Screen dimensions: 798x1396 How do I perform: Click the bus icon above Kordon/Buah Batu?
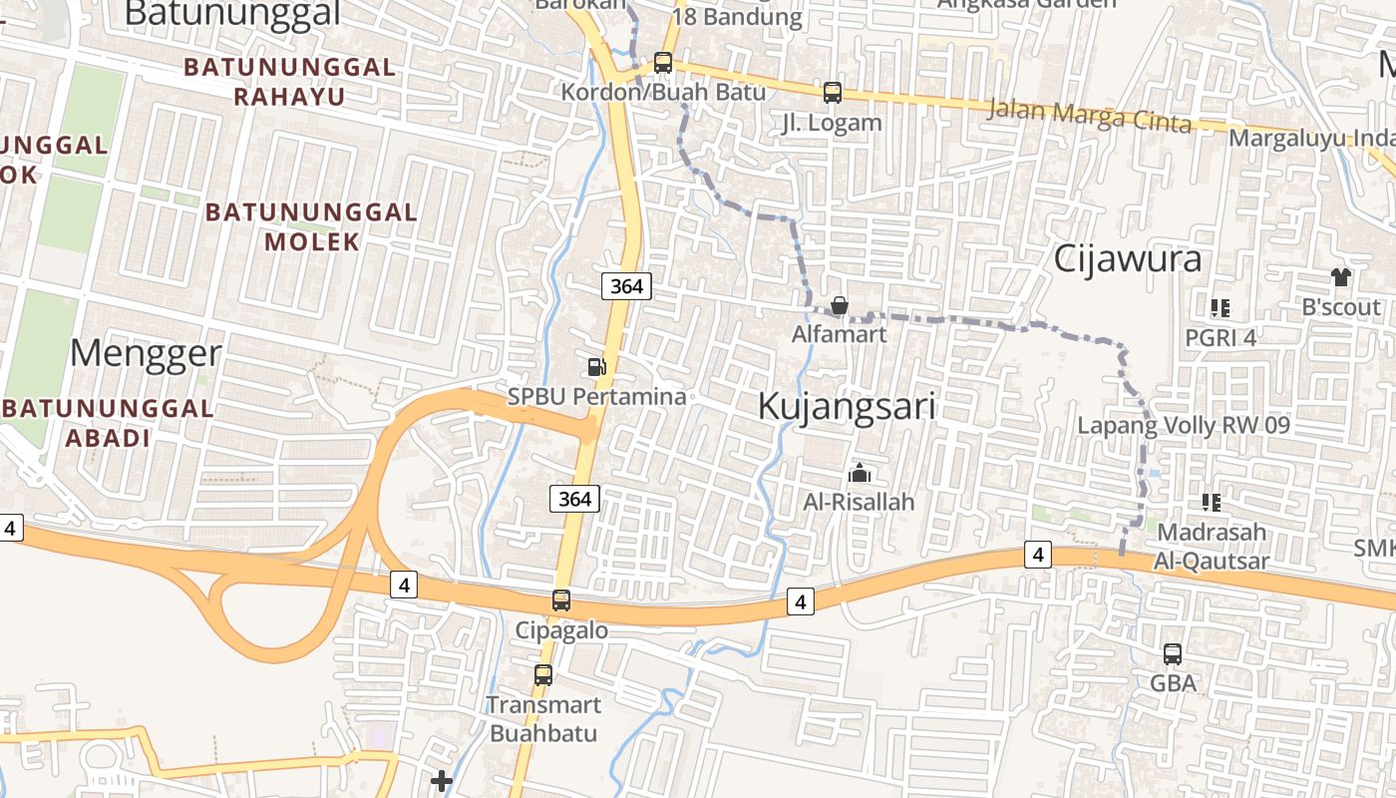coord(663,62)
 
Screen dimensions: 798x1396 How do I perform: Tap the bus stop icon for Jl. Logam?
coord(833,93)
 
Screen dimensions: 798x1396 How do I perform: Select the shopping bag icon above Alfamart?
coord(840,305)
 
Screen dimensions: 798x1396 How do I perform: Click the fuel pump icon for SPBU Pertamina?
coord(596,367)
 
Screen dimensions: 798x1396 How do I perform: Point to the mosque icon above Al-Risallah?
coord(859,473)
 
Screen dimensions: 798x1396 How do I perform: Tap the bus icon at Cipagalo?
coord(561,600)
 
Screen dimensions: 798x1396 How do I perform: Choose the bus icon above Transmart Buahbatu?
coord(543,674)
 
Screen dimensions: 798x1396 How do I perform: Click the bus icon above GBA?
coord(1173,654)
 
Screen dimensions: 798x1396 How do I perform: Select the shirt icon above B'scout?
coord(1341,276)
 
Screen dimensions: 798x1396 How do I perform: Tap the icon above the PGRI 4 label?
coord(1221,308)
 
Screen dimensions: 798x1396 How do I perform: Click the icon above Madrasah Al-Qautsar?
coord(1213,502)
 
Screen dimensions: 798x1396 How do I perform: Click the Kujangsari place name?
coord(847,406)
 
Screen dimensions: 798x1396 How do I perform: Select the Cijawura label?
coord(1128,259)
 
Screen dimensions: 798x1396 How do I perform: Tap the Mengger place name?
coord(147,353)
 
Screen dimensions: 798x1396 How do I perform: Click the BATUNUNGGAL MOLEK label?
coord(311,226)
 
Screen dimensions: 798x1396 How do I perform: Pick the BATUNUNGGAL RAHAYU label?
coord(289,82)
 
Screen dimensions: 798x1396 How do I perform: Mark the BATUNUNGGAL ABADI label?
coord(109,423)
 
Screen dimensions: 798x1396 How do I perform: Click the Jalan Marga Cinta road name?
coord(1089,116)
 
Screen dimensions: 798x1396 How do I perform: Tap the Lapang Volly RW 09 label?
coord(1184,426)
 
